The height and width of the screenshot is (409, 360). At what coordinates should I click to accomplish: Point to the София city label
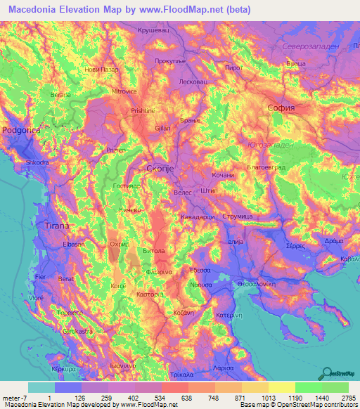[x=280, y=108]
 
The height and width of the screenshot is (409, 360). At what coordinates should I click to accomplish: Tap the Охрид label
[x=119, y=244]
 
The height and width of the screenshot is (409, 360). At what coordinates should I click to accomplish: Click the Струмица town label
[x=238, y=218]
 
